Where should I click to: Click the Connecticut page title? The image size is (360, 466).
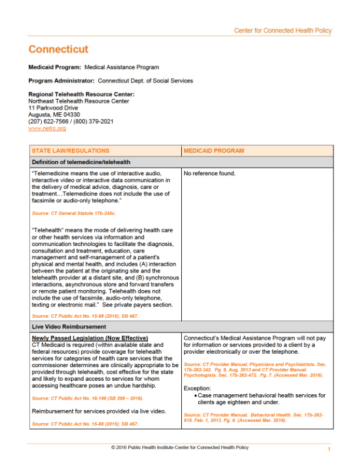58,49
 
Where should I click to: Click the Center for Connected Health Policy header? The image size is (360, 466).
282,31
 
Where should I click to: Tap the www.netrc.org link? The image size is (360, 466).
47,128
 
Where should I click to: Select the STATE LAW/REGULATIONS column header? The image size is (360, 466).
70,151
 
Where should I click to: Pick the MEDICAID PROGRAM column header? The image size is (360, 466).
214,151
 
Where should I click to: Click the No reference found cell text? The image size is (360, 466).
209,174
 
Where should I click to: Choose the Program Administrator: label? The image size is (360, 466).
61,81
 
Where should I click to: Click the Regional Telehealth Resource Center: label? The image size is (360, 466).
81,94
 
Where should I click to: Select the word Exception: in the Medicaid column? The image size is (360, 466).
197,388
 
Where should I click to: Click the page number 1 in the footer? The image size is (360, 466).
329,450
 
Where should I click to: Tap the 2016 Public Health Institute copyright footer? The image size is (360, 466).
179,448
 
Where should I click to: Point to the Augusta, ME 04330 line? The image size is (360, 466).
54,115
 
